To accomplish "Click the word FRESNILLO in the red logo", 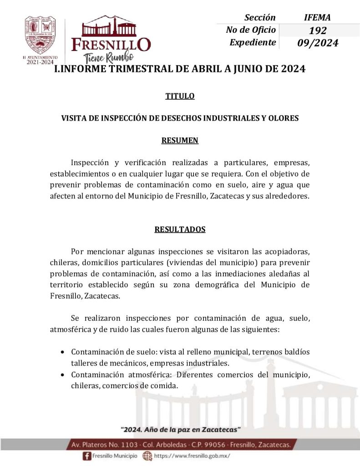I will [x=111, y=45].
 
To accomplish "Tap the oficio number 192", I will [x=317, y=30].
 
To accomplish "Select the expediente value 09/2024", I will [x=317, y=43].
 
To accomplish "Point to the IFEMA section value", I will [x=317, y=18].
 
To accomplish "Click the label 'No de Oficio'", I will [x=251, y=30].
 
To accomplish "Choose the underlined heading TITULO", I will [x=180, y=96].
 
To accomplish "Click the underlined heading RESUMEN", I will [x=180, y=140].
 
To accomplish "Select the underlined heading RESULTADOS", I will [x=180, y=229].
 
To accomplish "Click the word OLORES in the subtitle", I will [x=283, y=118].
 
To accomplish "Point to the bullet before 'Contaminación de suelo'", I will [x=62, y=353].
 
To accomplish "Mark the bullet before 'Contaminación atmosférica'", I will [x=62, y=375].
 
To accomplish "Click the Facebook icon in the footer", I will [x=86, y=456].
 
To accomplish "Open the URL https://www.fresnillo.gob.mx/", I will [x=192, y=456].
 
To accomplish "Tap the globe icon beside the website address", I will [x=147, y=456].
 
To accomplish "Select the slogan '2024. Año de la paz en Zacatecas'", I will [x=180, y=430].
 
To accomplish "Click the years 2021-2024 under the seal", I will [x=40, y=62].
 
